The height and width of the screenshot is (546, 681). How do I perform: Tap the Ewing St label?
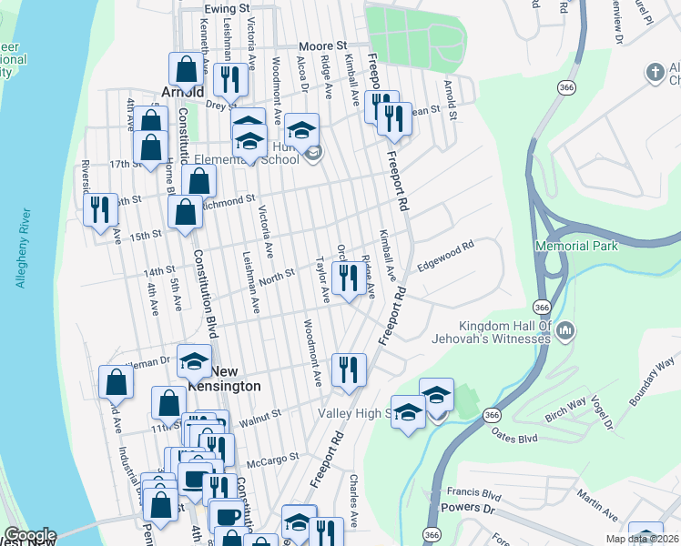pyautogui.click(x=227, y=8)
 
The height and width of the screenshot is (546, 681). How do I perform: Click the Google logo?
pyautogui.click(x=30, y=535)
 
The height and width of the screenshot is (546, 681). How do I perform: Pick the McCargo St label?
pyautogui.click(x=273, y=459)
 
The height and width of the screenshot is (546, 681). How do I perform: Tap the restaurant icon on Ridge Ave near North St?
pyautogui.click(x=348, y=277)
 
